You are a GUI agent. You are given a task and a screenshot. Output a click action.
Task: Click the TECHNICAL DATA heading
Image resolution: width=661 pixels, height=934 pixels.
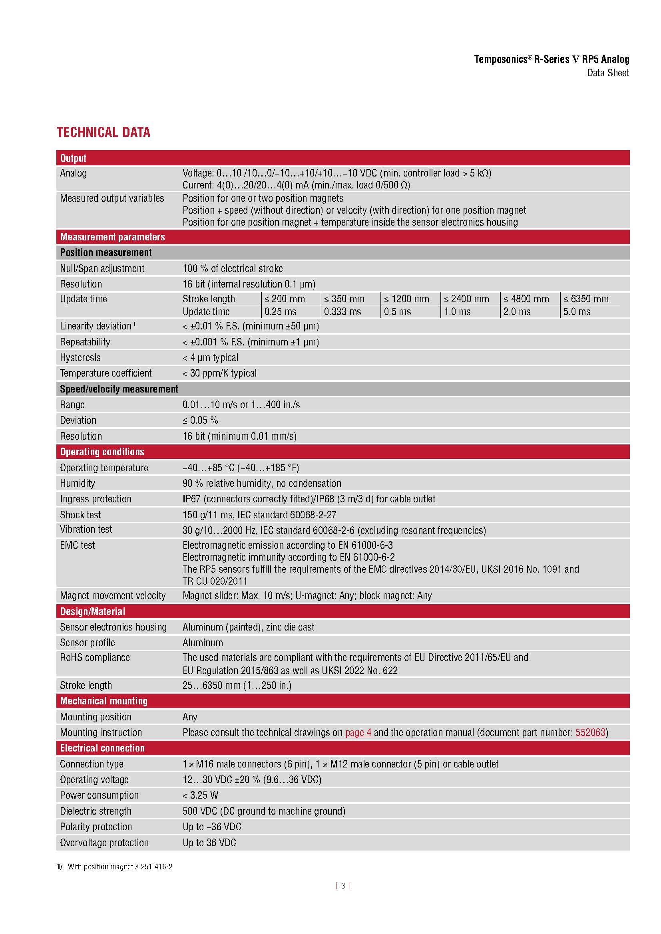point(104,132)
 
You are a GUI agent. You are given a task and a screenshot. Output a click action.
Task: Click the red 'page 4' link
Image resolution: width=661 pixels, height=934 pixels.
point(358,733)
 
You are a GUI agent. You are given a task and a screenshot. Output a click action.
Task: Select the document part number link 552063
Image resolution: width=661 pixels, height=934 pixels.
point(590,733)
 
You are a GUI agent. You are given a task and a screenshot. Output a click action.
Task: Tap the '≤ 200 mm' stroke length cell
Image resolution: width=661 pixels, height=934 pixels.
point(285,299)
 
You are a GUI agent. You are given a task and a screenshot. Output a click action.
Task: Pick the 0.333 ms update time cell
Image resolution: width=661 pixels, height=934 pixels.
point(342,312)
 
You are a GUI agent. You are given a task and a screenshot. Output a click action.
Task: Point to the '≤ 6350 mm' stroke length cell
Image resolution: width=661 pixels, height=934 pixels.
point(586,299)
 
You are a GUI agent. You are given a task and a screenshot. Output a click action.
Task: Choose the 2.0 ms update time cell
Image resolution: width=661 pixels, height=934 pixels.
point(517,312)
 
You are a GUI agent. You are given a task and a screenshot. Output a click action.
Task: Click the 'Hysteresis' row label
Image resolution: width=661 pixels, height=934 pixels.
point(80,357)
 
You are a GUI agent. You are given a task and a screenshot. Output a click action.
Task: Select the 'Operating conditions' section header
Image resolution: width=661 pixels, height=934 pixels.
point(102,452)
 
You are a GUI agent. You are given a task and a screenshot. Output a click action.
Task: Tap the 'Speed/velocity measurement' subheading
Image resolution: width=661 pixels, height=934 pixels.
point(119,389)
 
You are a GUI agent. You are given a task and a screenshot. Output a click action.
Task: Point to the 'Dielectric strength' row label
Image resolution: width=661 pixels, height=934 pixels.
point(96,811)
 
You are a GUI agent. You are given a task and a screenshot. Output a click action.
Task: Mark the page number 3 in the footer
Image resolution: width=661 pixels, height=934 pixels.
point(343,886)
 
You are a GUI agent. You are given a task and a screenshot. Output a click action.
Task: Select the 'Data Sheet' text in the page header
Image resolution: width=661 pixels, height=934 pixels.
point(608,73)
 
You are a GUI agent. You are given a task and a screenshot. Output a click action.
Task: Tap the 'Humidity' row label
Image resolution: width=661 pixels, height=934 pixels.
point(78,483)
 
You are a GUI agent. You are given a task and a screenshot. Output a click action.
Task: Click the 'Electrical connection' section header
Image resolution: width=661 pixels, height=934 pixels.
point(102,748)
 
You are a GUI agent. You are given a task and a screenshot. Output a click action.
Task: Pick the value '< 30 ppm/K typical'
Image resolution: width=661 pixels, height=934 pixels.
point(219,373)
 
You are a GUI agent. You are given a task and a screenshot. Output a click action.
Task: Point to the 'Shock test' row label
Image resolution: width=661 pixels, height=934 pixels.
point(80,515)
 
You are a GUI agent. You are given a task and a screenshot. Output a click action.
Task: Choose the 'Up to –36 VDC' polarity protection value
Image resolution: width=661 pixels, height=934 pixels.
point(212,827)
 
